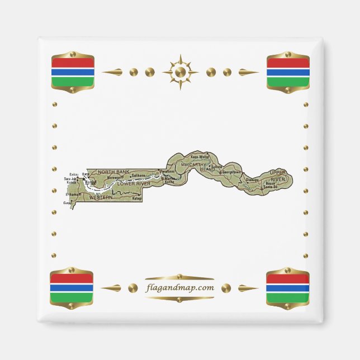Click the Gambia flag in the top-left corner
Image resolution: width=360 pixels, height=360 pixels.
coord(72,72)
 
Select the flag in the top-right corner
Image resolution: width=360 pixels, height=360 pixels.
coord(288,72)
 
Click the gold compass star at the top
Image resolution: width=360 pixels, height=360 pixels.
coord(180,72)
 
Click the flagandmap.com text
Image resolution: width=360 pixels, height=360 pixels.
coord(180,288)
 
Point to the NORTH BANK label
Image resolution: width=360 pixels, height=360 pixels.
coord(113,171)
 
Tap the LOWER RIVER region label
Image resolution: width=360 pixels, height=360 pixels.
coord(134,183)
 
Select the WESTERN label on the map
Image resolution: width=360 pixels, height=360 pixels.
coord(101,197)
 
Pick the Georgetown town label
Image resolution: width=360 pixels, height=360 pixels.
coord(231,172)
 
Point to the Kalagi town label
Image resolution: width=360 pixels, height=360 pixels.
coord(138,198)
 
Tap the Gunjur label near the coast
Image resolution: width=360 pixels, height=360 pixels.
coord(68,203)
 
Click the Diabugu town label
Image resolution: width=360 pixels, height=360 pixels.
coord(253,179)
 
